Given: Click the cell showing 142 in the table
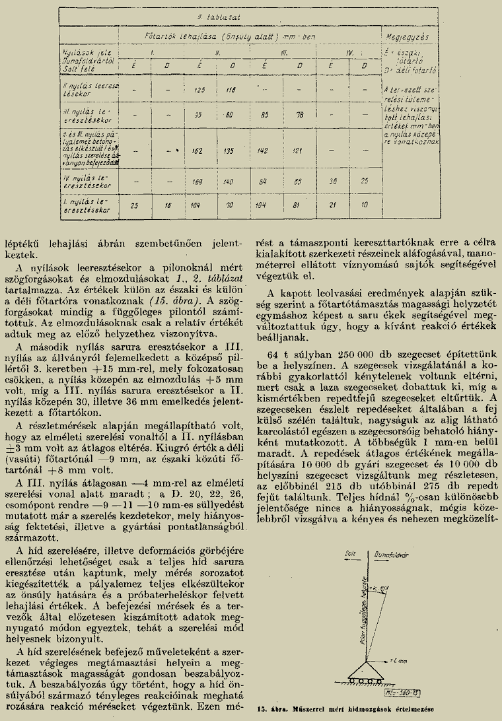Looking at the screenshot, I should tap(264, 150).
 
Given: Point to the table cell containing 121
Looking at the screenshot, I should tap(299, 150).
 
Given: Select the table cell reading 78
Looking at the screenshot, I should tap(299, 114).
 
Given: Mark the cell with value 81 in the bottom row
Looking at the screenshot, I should tap(299, 205).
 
